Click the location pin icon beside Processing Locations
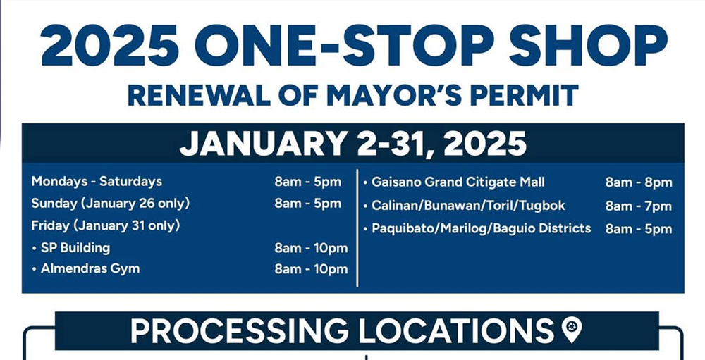coord(572,330)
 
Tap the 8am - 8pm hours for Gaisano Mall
coord(639,182)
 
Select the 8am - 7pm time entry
coord(639,206)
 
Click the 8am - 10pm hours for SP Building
coord(311,248)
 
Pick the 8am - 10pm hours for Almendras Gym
coord(311,269)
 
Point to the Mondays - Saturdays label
coord(97,182)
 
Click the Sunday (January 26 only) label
coord(111,204)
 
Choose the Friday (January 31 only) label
coord(106,225)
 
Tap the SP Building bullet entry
coord(71,248)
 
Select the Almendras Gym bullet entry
coord(86,268)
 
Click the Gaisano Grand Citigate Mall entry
coord(454,182)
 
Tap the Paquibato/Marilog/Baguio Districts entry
coord(477,228)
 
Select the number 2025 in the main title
coord(110,45)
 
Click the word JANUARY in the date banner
coord(263,144)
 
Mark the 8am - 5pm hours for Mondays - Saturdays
coord(308,182)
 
